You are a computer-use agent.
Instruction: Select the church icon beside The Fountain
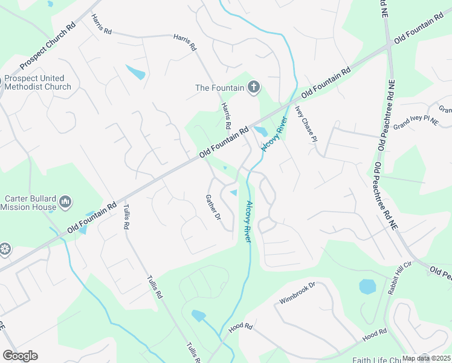tap(253, 88)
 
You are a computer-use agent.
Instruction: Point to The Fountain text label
tap(219, 88)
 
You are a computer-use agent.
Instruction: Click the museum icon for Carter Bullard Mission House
tap(66, 200)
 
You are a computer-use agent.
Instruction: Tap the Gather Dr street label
tap(213, 208)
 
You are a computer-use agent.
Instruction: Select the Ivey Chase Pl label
tap(306, 123)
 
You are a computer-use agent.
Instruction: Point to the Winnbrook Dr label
tap(298, 293)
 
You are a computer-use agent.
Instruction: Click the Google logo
tap(20, 356)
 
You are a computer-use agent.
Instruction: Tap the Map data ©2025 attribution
tap(427, 358)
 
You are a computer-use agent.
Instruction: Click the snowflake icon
tap(4, 249)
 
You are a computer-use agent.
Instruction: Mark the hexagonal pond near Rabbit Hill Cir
tap(367, 286)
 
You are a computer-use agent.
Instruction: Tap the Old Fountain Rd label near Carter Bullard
tap(92, 218)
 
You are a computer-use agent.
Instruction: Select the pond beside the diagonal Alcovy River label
tap(261, 131)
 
